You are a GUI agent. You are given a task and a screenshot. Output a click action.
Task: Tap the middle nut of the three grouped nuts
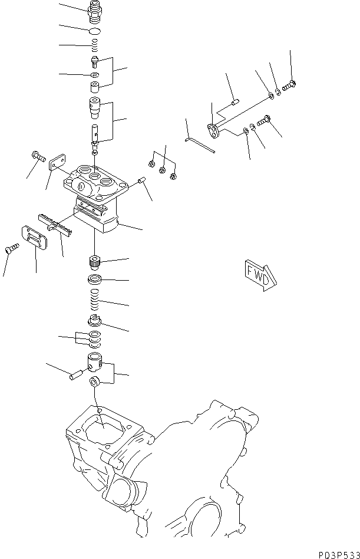(162, 171)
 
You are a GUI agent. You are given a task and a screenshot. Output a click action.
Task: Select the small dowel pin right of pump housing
(141, 180)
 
